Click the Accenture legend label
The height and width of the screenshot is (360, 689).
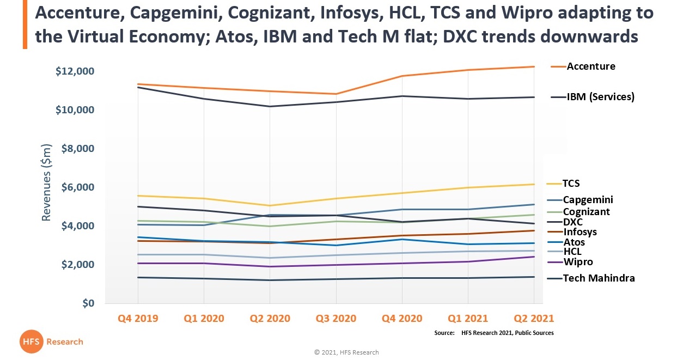pos(590,66)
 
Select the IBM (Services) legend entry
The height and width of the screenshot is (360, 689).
pos(600,97)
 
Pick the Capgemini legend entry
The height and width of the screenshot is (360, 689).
pos(588,200)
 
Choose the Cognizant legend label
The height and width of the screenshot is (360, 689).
pos(586,212)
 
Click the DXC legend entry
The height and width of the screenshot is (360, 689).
pos(572,222)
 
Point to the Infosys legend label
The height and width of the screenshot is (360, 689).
pos(580,232)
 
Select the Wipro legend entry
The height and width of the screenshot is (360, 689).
pos(577,262)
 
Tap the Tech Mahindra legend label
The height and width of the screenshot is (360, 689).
pos(599,278)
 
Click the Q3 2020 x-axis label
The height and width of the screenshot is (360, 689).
pos(336,319)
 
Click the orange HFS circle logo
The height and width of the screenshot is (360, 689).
pos(31,341)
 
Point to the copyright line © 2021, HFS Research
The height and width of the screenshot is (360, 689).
pos(346,352)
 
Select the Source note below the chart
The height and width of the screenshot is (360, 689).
pos(493,333)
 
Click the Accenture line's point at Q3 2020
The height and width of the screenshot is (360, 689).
pos(336,94)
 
